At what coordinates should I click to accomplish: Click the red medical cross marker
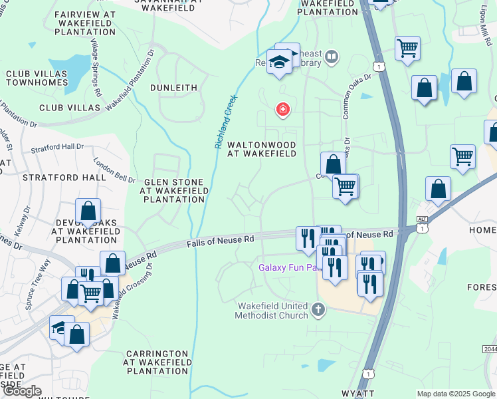pyautogui.click(x=283, y=108)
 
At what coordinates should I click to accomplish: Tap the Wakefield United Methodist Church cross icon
pyautogui.click(x=318, y=309)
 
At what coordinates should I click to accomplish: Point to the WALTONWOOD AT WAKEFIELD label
pyautogui.click(x=261, y=148)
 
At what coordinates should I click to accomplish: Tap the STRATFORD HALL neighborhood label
pyautogui.click(x=64, y=178)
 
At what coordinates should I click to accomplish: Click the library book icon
pyautogui.click(x=332, y=59)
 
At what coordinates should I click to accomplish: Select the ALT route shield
pyautogui.click(x=421, y=219)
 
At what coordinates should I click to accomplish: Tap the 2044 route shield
pyautogui.click(x=488, y=349)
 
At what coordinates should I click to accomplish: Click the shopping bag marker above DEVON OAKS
pyautogui.click(x=88, y=211)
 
